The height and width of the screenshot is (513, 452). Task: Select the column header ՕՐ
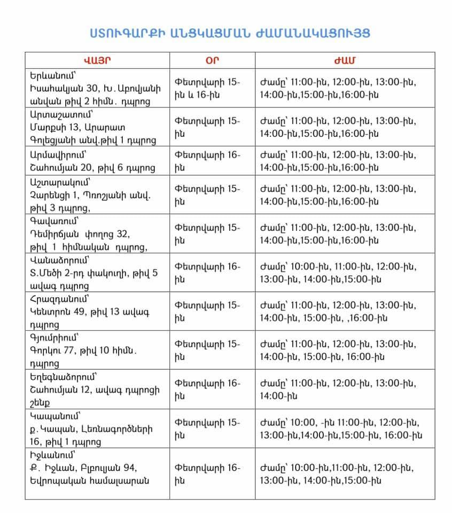(212, 59)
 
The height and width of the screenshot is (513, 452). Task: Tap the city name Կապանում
(55, 415)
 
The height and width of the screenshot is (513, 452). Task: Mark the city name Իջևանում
(54, 455)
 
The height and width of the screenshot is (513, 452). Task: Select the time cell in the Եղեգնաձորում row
(338, 390)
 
